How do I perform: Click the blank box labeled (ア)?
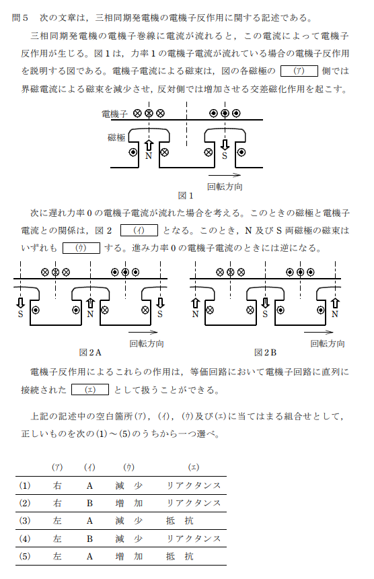click(x=299, y=71)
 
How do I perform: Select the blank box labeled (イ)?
click(x=139, y=230)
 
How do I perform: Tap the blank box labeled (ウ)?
click(x=81, y=248)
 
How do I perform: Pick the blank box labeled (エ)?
click(x=90, y=390)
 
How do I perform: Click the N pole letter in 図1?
click(x=149, y=156)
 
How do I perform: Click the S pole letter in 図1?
click(x=224, y=156)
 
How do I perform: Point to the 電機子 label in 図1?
click(x=114, y=114)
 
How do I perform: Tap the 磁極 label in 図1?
click(x=116, y=137)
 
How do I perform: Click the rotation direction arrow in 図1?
click(x=225, y=175)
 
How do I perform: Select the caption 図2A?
click(x=90, y=353)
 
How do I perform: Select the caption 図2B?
click(x=265, y=353)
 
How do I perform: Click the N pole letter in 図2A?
click(x=90, y=314)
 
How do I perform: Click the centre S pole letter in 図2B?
click(x=265, y=314)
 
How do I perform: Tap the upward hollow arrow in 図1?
click(x=149, y=145)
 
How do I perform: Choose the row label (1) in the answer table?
click(x=25, y=485)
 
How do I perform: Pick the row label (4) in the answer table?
click(x=25, y=539)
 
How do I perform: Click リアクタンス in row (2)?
click(x=194, y=503)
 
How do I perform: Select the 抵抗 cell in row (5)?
click(x=180, y=557)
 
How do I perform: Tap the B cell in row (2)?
click(x=89, y=503)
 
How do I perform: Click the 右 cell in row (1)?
click(x=57, y=485)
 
